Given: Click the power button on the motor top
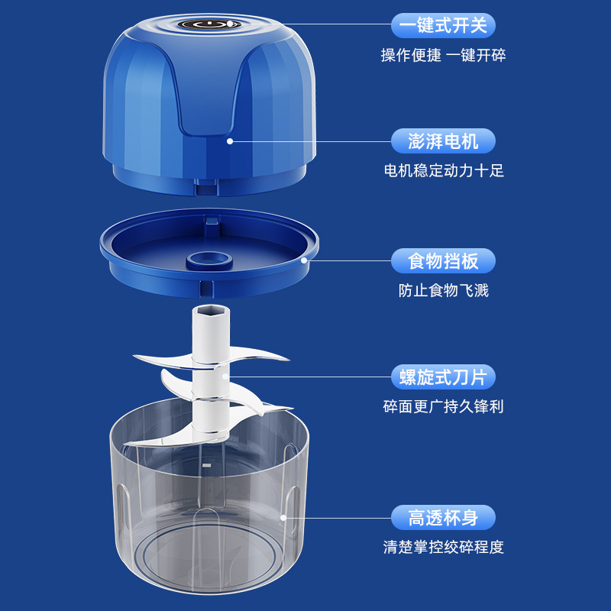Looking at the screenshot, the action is pyautogui.click(x=209, y=24).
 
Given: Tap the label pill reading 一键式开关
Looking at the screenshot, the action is pyautogui.click(x=443, y=26).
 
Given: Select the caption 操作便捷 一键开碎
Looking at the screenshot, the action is pyautogui.click(x=443, y=55).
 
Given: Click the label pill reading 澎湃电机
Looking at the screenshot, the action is pyautogui.click(x=443, y=141).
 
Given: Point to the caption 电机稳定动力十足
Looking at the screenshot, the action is pyautogui.click(x=444, y=170).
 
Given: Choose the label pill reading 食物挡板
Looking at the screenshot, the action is pyautogui.click(x=443, y=260).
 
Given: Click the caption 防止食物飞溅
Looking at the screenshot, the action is pyautogui.click(x=444, y=290).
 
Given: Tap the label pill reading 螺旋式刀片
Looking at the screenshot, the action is pyautogui.click(x=443, y=377).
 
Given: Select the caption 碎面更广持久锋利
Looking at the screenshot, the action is pyautogui.click(x=444, y=406).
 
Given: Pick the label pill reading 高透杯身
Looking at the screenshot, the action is pyautogui.click(x=443, y=518).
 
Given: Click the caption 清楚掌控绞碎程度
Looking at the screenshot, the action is pyautogui.click(x=444, y=547).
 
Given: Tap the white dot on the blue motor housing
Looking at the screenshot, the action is pyautogui.click(x=230, y=141).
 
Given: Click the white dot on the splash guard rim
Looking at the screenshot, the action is pyautogui.click(x=304, y=260).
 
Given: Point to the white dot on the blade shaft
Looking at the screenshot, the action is pyautogui.click(x=225, y=377).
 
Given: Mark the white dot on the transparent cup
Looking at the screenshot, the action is pyautogui.click(x=283, y=518).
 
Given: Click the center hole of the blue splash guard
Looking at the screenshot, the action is pyautogui.click(x=209, y=259).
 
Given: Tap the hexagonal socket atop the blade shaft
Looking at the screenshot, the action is pyautogui.click(x=211, y=311).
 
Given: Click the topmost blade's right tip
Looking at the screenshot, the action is pyautogui.click(x=289, y=359).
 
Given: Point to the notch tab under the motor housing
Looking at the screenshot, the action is pyautogui.click(x=205, y=187).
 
